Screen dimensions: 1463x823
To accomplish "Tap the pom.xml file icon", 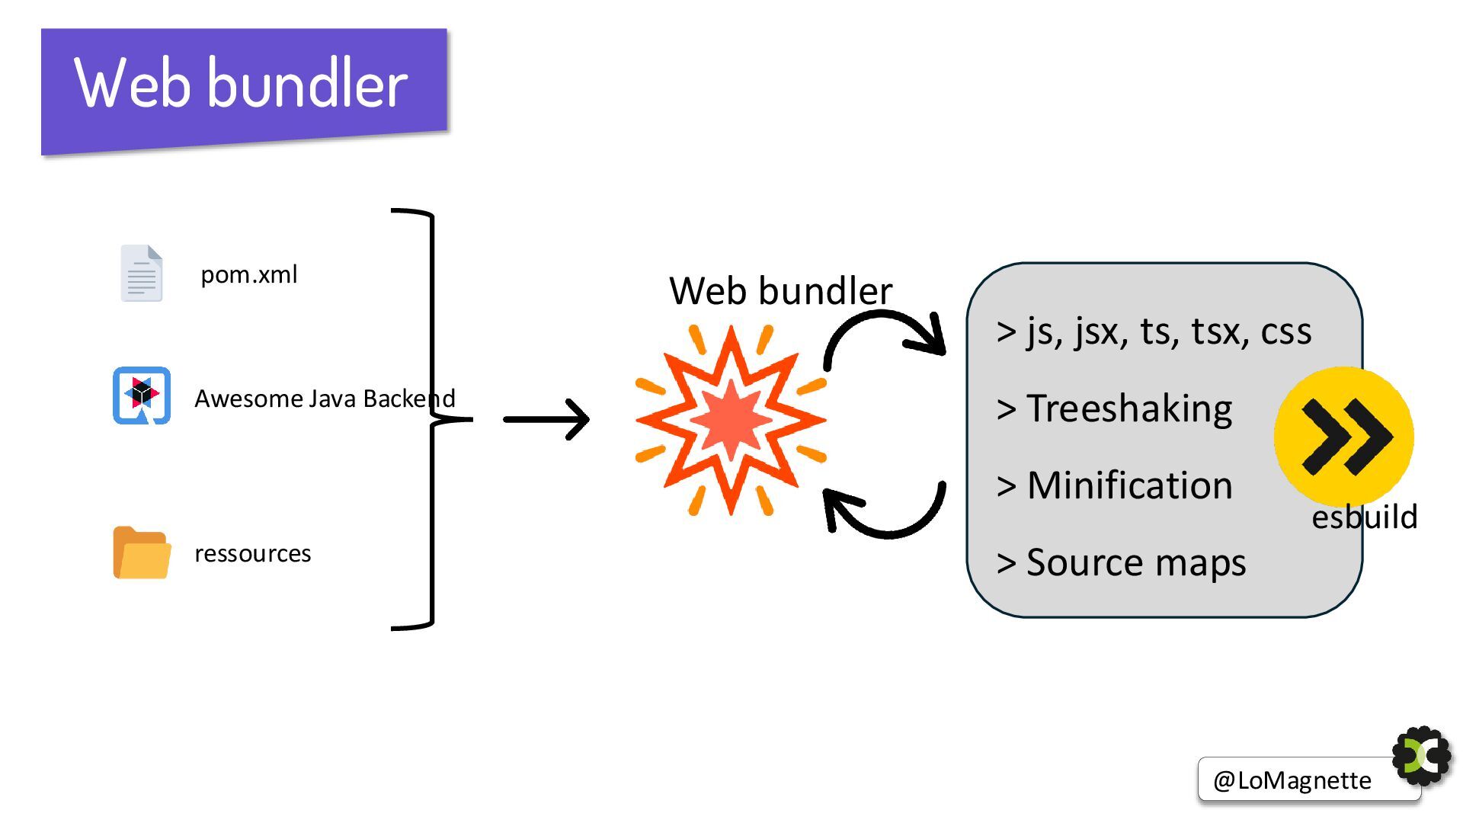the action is coord(142,273).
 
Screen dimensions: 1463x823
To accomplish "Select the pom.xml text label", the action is coord(248,274).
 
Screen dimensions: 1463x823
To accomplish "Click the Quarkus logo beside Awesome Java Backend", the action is coord(142,395).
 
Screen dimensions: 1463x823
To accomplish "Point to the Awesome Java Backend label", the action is coord(325,398).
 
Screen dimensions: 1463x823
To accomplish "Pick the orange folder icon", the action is coord(142,552).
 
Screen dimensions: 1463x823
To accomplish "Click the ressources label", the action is coord(252,553).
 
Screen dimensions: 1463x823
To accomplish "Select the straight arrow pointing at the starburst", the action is coord(546,419).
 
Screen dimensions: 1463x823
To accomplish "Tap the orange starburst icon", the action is coord(731,420).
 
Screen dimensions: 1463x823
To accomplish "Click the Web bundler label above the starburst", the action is coord(780,290).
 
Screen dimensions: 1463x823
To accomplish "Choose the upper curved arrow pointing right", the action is coord(884,339).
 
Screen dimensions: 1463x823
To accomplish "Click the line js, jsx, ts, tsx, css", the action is coord(1154,331).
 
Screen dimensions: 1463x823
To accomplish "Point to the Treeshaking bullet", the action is coord(1114,409).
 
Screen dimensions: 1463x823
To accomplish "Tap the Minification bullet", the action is coord(1114,485).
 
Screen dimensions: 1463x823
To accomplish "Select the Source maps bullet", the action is coord(1121,563).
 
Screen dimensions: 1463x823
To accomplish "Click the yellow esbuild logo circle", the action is coord(1344,437).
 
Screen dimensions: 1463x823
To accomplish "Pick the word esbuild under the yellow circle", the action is coord(1364,517).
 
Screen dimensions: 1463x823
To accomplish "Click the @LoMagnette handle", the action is coord(1292,780).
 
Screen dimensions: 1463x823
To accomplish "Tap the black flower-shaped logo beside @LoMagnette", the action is coord(1422,756).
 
